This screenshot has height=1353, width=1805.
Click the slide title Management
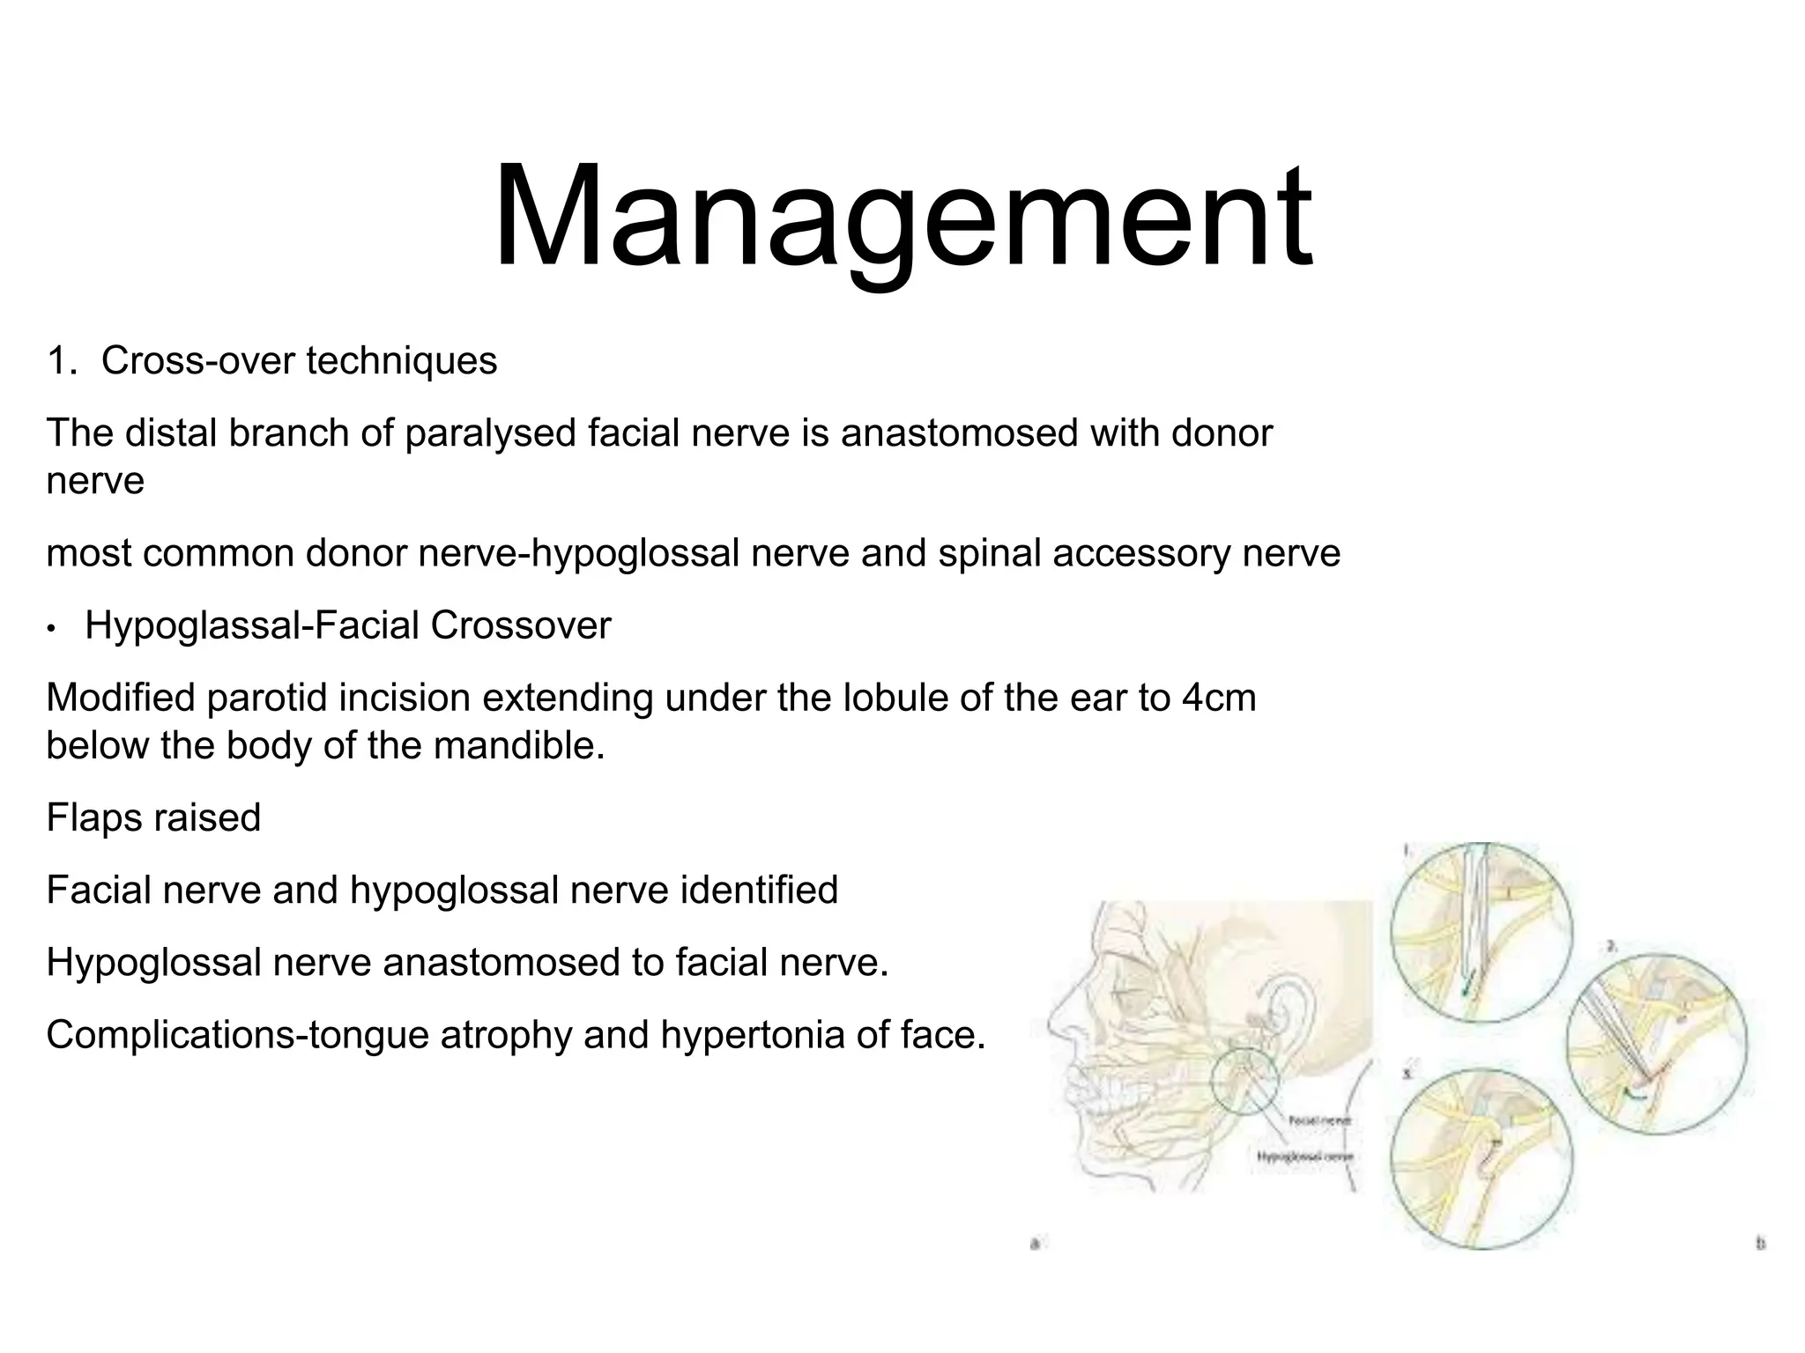tap(902, 218)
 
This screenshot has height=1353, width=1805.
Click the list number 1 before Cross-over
tap(59, 361)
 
